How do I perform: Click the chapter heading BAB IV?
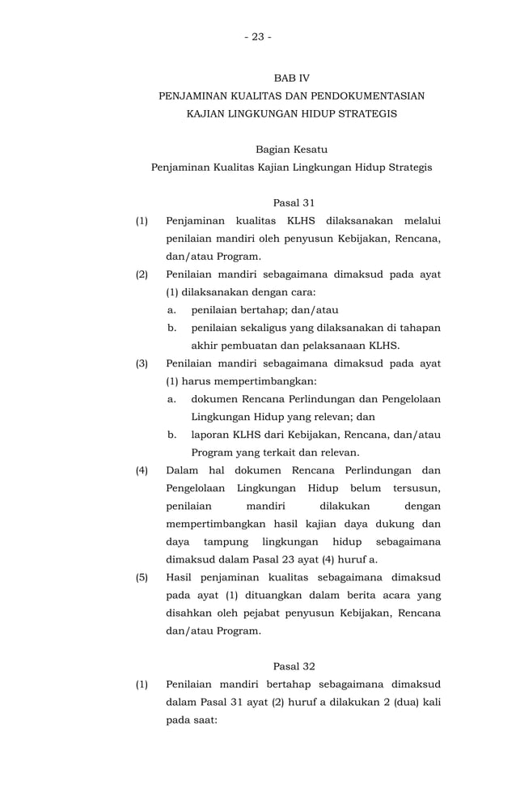point(291,79)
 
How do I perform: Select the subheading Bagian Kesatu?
point(291,150)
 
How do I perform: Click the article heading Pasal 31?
point(294,202)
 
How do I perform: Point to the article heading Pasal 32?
point(294,666)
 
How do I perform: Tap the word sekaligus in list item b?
point(256,328)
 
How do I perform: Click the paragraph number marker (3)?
point(142,363)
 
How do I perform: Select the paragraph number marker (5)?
point(142,577)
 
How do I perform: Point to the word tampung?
point(227,542)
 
